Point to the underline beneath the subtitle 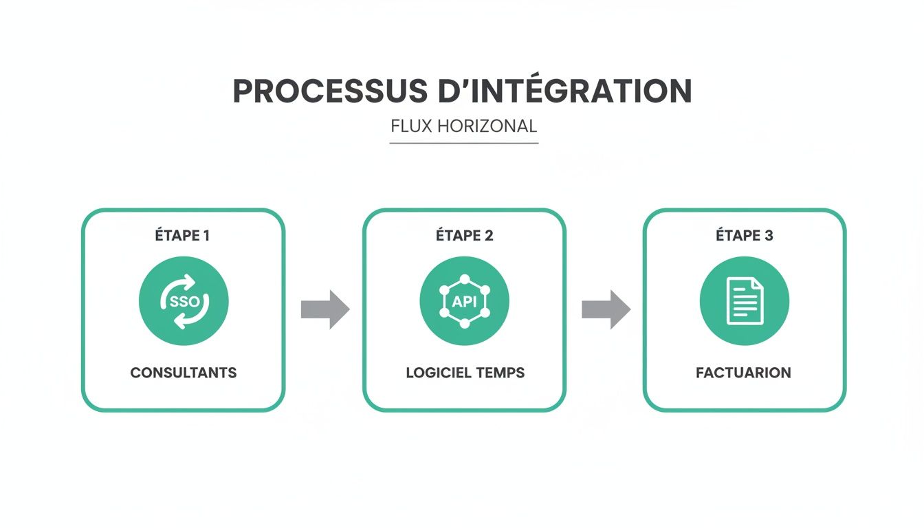click(x=463, y=143)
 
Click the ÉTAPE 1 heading click(x=182, y=236)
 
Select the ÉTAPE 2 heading click(x=464, y=236)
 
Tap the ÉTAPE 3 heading click(x=745, y=236)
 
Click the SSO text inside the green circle click(x=184, y=302)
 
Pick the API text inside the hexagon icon click(x=464, y=302)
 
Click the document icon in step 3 click(x=745, y=301)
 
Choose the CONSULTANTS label click(x=184, y=373)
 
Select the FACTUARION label click(x=743, y=373)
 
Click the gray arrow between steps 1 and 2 click(x=325, y=309)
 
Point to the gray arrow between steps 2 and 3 click(x=606, y=309)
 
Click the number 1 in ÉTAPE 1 click(x=206, y=236)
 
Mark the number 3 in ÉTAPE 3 click(x=769, y=236)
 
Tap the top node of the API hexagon click(x=464, y=278)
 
